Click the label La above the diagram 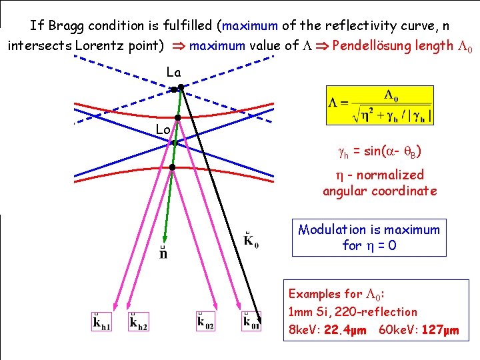(x=173, y=71)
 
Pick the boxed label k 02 (x=206, y=321)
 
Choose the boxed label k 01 (x=251, y=321)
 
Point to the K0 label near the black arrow (x=251, y=239)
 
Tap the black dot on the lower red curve (x=172, y=167)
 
